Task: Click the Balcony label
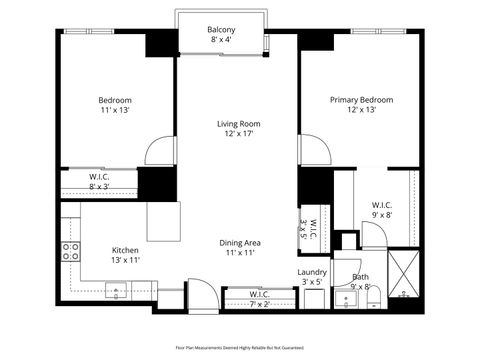[221, 30]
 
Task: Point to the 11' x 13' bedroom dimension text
[115, 113]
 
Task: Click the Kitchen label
[125, 250]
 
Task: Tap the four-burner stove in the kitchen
[71, 252]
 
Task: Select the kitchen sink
[118, 292]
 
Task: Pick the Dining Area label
[240, 243]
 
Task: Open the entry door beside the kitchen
[200, 295]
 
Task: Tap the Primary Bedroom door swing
[316, 150]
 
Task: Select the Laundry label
[312, 272]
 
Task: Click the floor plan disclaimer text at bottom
[239, 346]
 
